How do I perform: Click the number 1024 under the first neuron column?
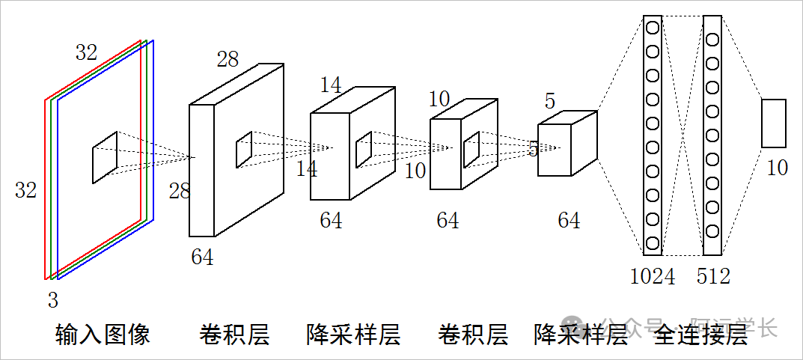click(x=653, y=276)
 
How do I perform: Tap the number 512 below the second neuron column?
click(x=712, y=276)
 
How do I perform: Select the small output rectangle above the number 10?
click(x=774, y=123)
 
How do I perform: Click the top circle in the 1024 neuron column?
click(x=653, y=28)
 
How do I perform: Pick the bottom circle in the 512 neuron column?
click(x=712, y=231)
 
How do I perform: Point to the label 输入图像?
click(x=103, y=334)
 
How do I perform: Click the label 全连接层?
click(x=700, y=334)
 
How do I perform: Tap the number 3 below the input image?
click(x=52, y=301)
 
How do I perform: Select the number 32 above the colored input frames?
click(x=86, y=52)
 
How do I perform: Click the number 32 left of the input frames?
click(x=25, y=191)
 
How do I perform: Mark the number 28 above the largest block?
click(x=228, y=60)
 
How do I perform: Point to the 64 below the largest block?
click(x=202, y=257)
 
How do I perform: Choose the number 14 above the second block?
click(x=331, y=85)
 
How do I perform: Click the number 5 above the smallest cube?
click(x=550, y=100)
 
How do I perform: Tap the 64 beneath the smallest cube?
click(x=569, y=220)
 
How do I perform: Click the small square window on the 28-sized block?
click(x=244, y=150)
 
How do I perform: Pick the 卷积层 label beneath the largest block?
click(x=234, y=334)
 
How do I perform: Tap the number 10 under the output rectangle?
click(x=777, y=168)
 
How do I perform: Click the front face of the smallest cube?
click(x=555, y=150)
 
